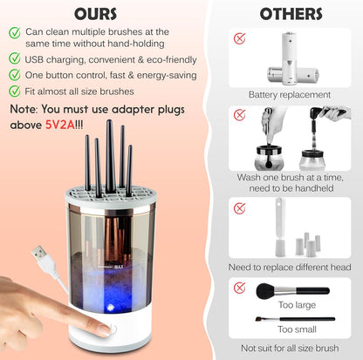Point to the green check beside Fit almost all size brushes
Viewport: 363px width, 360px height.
(15, 91)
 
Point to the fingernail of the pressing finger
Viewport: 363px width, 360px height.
(103, 329)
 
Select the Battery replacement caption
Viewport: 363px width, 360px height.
(289, 94)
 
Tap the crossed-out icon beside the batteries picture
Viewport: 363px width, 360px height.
(239, 38)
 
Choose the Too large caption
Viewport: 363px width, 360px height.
(294, 306)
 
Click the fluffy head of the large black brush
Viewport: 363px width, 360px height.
(266, 289)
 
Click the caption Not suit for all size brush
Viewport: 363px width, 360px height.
(290, 350)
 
